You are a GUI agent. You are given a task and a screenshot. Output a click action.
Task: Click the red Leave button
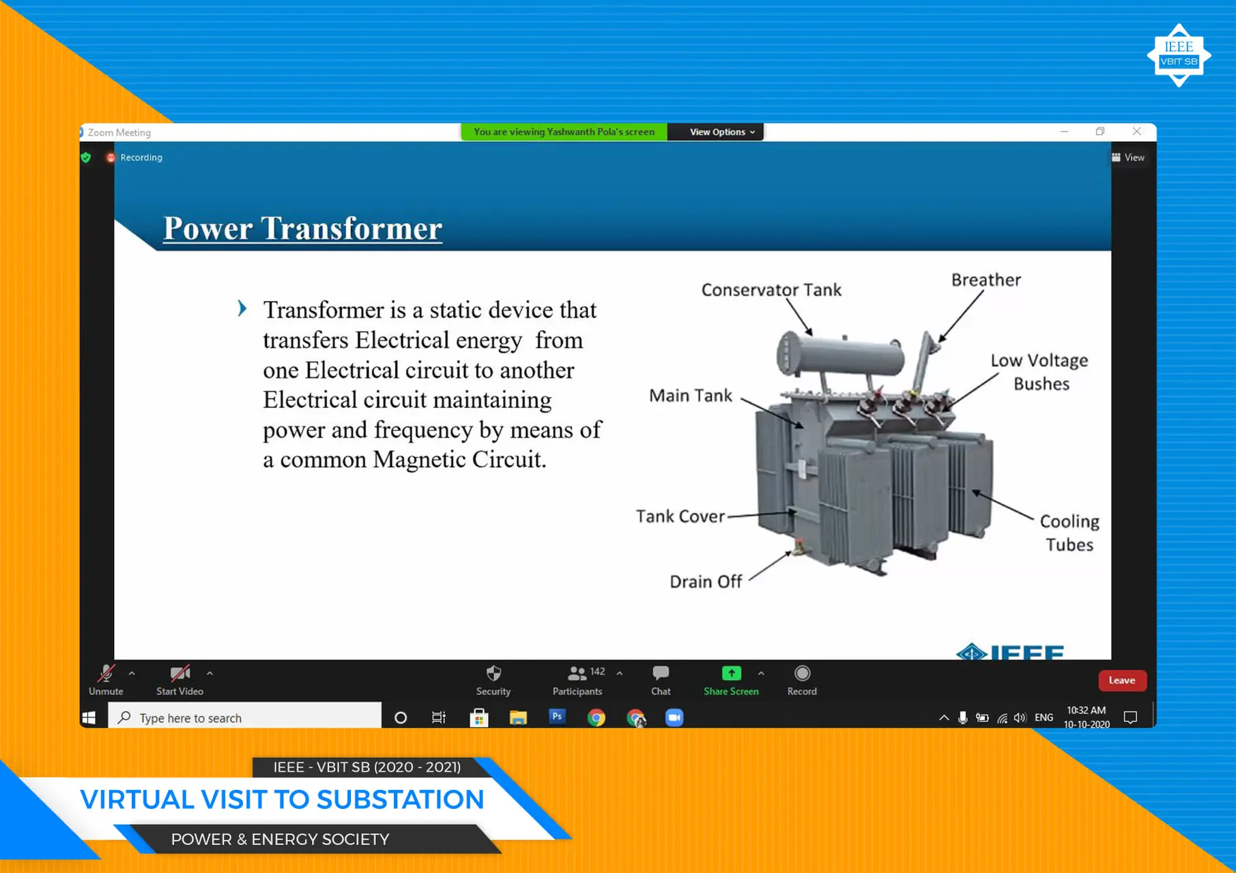tap(1121, 680)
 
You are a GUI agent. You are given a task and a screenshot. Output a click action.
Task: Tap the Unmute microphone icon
tap(106, 674)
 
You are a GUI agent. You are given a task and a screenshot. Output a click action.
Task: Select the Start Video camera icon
tap(179, 674)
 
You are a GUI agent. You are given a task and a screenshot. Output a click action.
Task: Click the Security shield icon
tap(493, 674)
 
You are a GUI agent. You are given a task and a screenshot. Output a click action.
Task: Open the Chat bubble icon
tap(660, 674)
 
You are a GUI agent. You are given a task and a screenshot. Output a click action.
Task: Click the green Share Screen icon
tap(731, 674)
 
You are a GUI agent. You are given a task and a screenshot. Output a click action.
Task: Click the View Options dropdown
tap(721, 132)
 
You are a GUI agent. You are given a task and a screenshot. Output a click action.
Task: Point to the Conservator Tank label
tap(771, 290)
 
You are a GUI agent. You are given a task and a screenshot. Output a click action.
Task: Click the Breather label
tap(986, 280)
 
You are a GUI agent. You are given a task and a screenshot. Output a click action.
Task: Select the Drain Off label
tap(705, 582)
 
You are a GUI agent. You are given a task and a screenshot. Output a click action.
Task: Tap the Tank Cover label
tap(680, 516)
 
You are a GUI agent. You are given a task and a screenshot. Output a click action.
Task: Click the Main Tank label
tap(690, 396)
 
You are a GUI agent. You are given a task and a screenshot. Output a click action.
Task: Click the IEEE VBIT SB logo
tap(1179, 55)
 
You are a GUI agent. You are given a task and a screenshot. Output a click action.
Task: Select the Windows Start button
tap(89, 717)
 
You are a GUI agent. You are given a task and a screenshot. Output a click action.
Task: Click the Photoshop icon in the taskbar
tap(557, 717)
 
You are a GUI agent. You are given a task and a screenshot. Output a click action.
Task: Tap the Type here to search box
tap(246, 717)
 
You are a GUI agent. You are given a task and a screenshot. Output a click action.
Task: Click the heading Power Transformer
tap(302, 228)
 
